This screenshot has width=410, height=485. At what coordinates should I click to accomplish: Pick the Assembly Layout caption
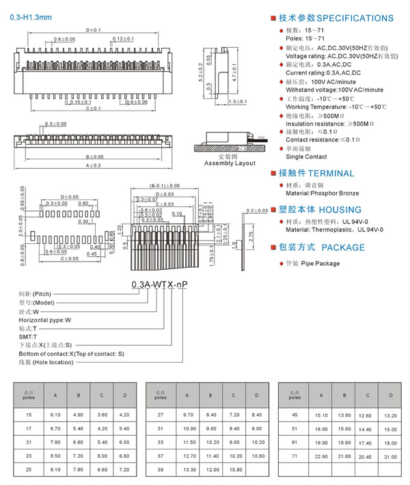tap(230, 163)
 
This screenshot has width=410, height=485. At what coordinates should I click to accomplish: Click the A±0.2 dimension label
tap(93, 166)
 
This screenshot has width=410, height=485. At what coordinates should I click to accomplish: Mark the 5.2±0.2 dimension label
tap(201, 73)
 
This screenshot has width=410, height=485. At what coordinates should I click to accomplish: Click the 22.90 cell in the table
tap(320, 456)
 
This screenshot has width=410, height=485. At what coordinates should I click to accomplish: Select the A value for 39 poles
tap(188, 469)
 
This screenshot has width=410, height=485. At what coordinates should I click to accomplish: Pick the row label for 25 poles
tap(28, 469)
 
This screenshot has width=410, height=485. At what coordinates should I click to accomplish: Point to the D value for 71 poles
tap(390, 456)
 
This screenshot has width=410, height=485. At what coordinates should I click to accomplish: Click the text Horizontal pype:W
tap(44, 319)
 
